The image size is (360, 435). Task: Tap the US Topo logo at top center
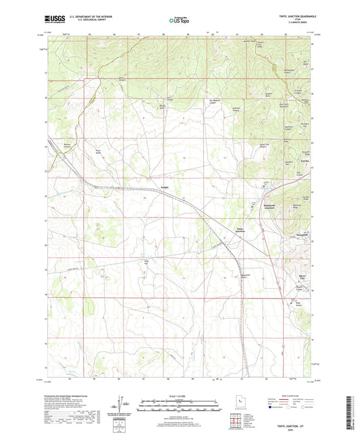click(x=179, y=21)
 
